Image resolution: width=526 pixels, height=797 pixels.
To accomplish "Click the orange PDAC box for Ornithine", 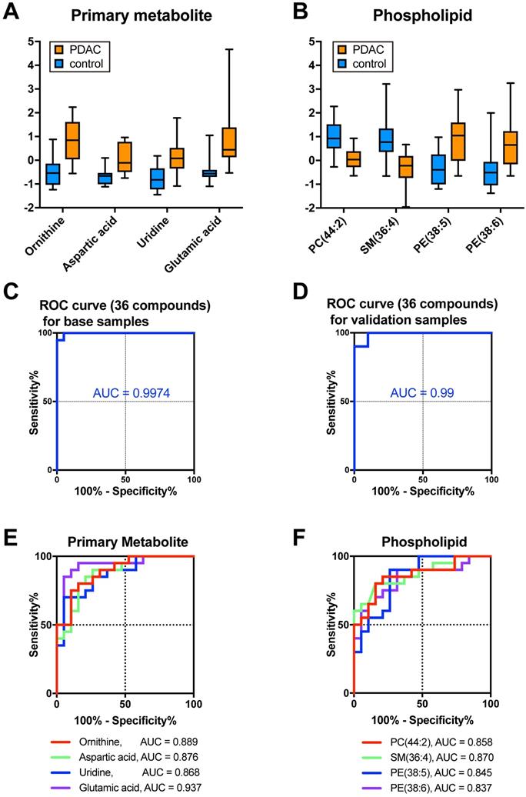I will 73,140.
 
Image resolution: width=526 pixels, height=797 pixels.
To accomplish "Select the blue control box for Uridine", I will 157,178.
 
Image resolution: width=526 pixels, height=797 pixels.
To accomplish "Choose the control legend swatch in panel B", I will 341,64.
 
